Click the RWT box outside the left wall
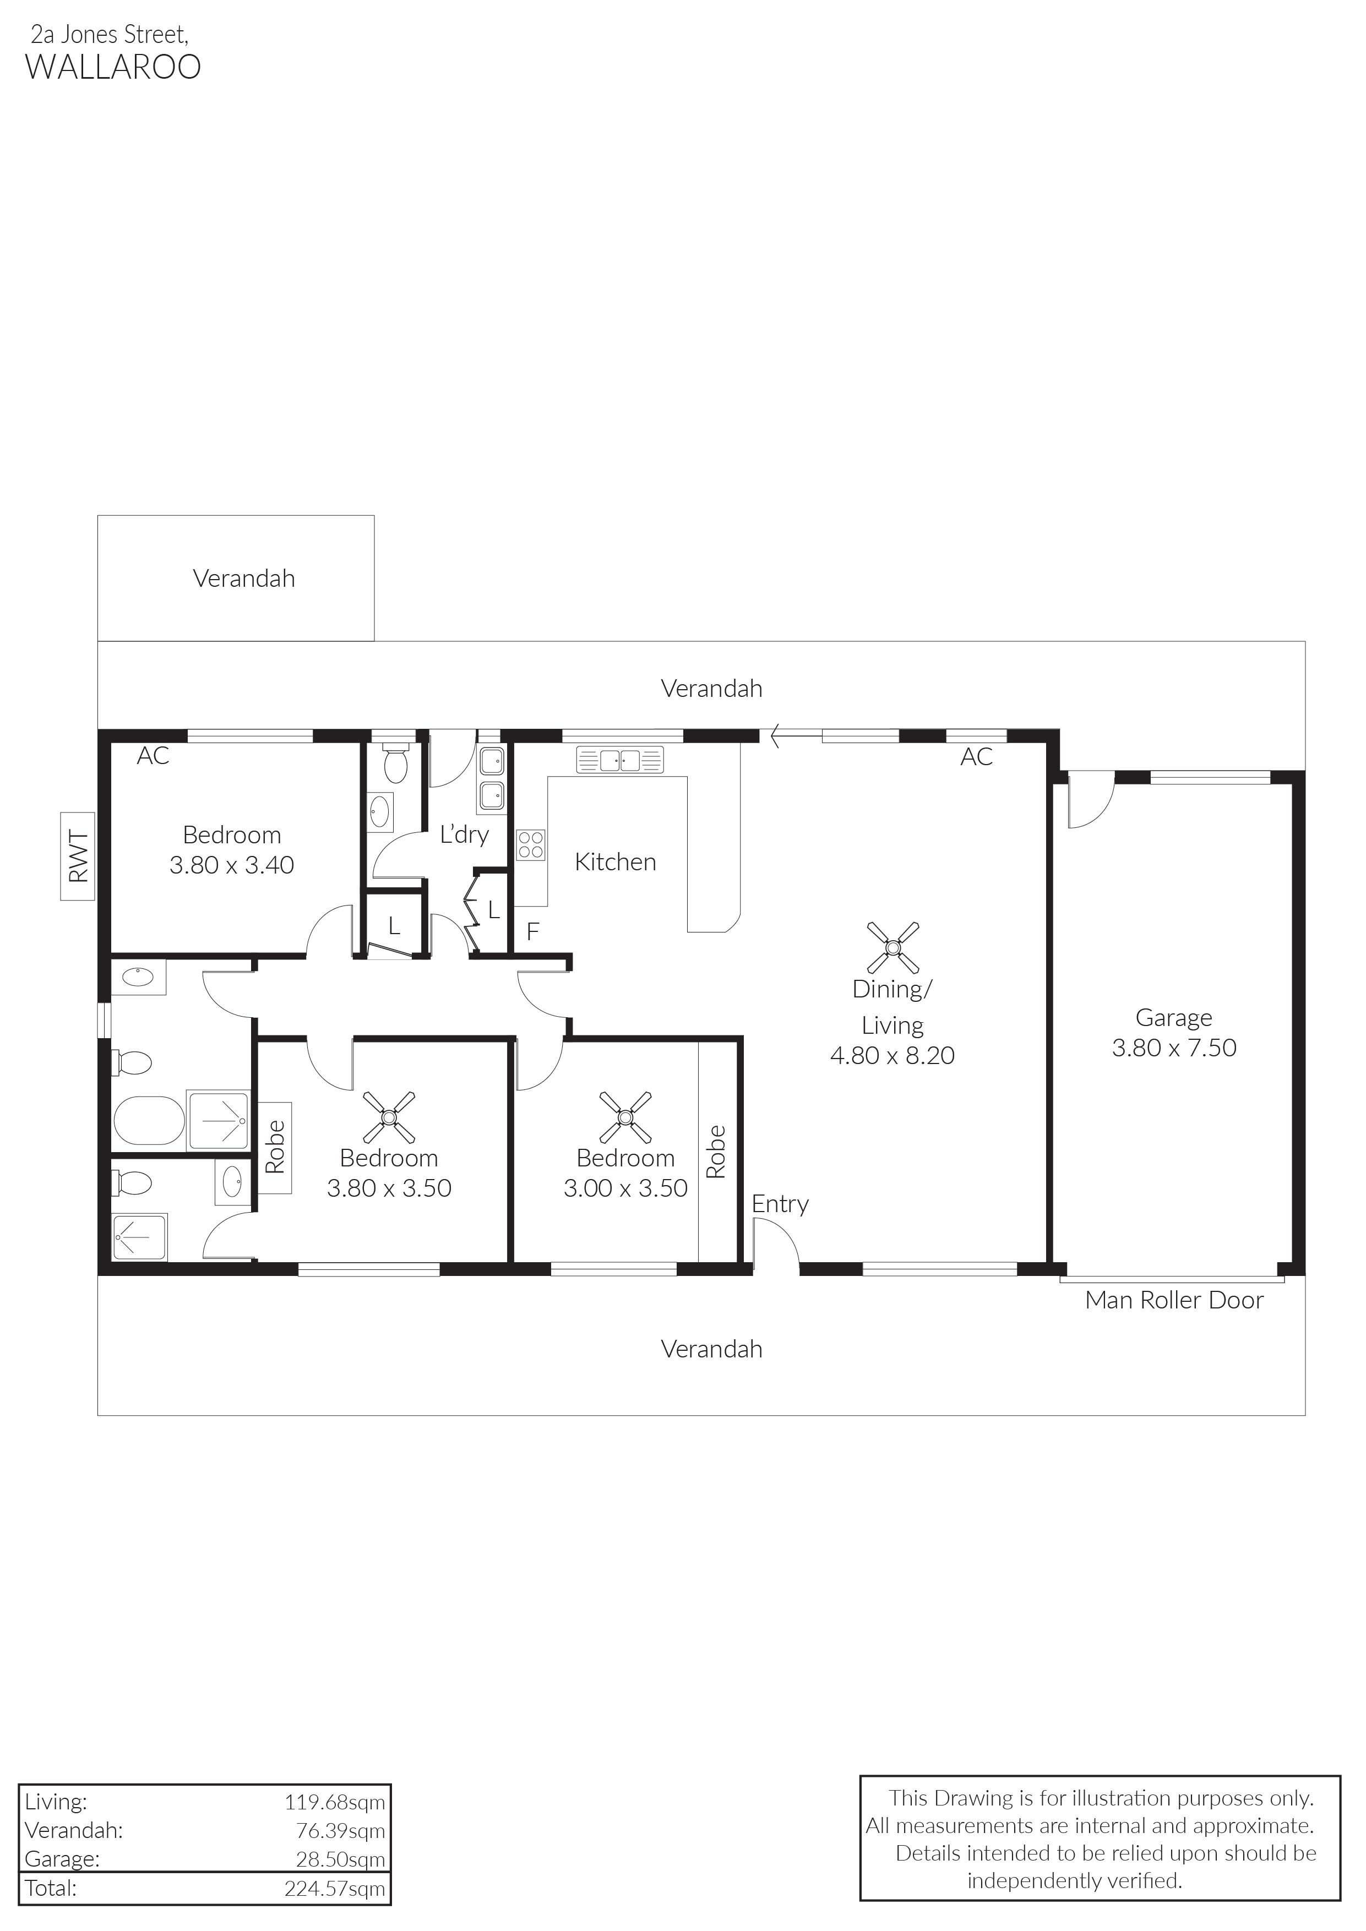[x=78, y=856]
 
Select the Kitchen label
[x=615, y=862]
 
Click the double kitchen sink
[x=620, y=760]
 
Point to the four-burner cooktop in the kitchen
[x=531, y=844]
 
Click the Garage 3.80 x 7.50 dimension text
[x=1174, y=1048]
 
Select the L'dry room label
[x=464, y=835]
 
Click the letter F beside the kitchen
[x=532, y=932]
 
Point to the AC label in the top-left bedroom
[x=153, y=756]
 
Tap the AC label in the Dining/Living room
[x=977, y=757]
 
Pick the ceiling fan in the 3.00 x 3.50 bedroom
[x=625, y=1117]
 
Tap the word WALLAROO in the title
[x=113, y=67]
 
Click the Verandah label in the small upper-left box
[x=244, y=579]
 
